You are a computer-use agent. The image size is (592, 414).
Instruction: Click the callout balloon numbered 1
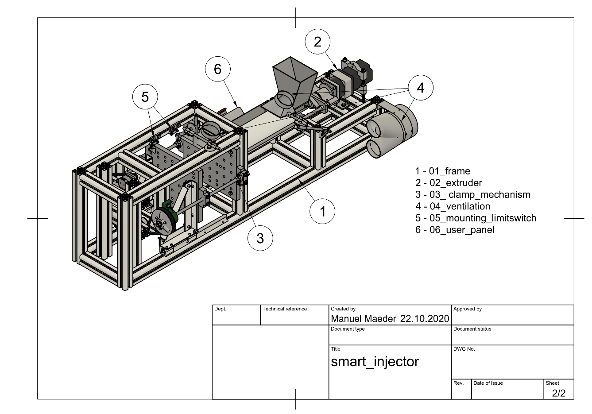[x=323, y=212]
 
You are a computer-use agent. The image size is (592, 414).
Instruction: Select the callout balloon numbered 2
[x=317, y=42]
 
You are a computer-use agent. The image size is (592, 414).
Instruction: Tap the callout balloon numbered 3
[x=260, y=238]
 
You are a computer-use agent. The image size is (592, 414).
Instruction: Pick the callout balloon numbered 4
[x=420, y=88]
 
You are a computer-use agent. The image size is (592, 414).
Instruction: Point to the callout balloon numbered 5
[x=145, y=97]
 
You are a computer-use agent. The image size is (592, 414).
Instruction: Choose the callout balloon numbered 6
[x=217, y=69]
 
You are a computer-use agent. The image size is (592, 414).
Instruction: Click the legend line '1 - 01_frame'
[x=442, y=171]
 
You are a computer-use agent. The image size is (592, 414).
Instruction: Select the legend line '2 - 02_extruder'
[x=449, y=183]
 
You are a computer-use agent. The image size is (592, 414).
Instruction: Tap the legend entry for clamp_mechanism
[x=472, y=195]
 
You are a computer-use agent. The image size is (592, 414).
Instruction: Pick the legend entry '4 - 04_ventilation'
[x=453, y=206]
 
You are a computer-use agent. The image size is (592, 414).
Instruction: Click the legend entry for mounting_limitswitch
[x=476, y=218]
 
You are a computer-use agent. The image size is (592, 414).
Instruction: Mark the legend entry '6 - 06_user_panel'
[x=455, y=230]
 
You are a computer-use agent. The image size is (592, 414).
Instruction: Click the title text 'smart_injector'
[x=375, y=362]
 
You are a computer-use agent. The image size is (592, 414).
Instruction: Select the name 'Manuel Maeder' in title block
[x=364, y=319]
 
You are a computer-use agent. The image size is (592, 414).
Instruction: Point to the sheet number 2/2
[x=558, y=393]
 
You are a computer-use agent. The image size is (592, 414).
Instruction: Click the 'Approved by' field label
[x=468, y=309]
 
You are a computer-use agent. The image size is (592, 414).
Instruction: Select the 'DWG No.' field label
[x=464, y=349]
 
